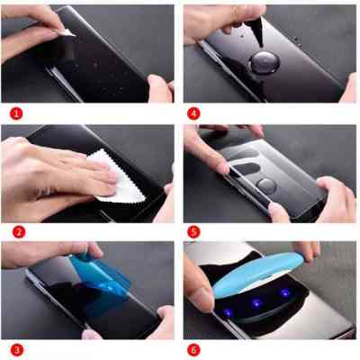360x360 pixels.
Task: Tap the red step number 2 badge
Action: point(15,231)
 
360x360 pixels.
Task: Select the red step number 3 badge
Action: point(15,348)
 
